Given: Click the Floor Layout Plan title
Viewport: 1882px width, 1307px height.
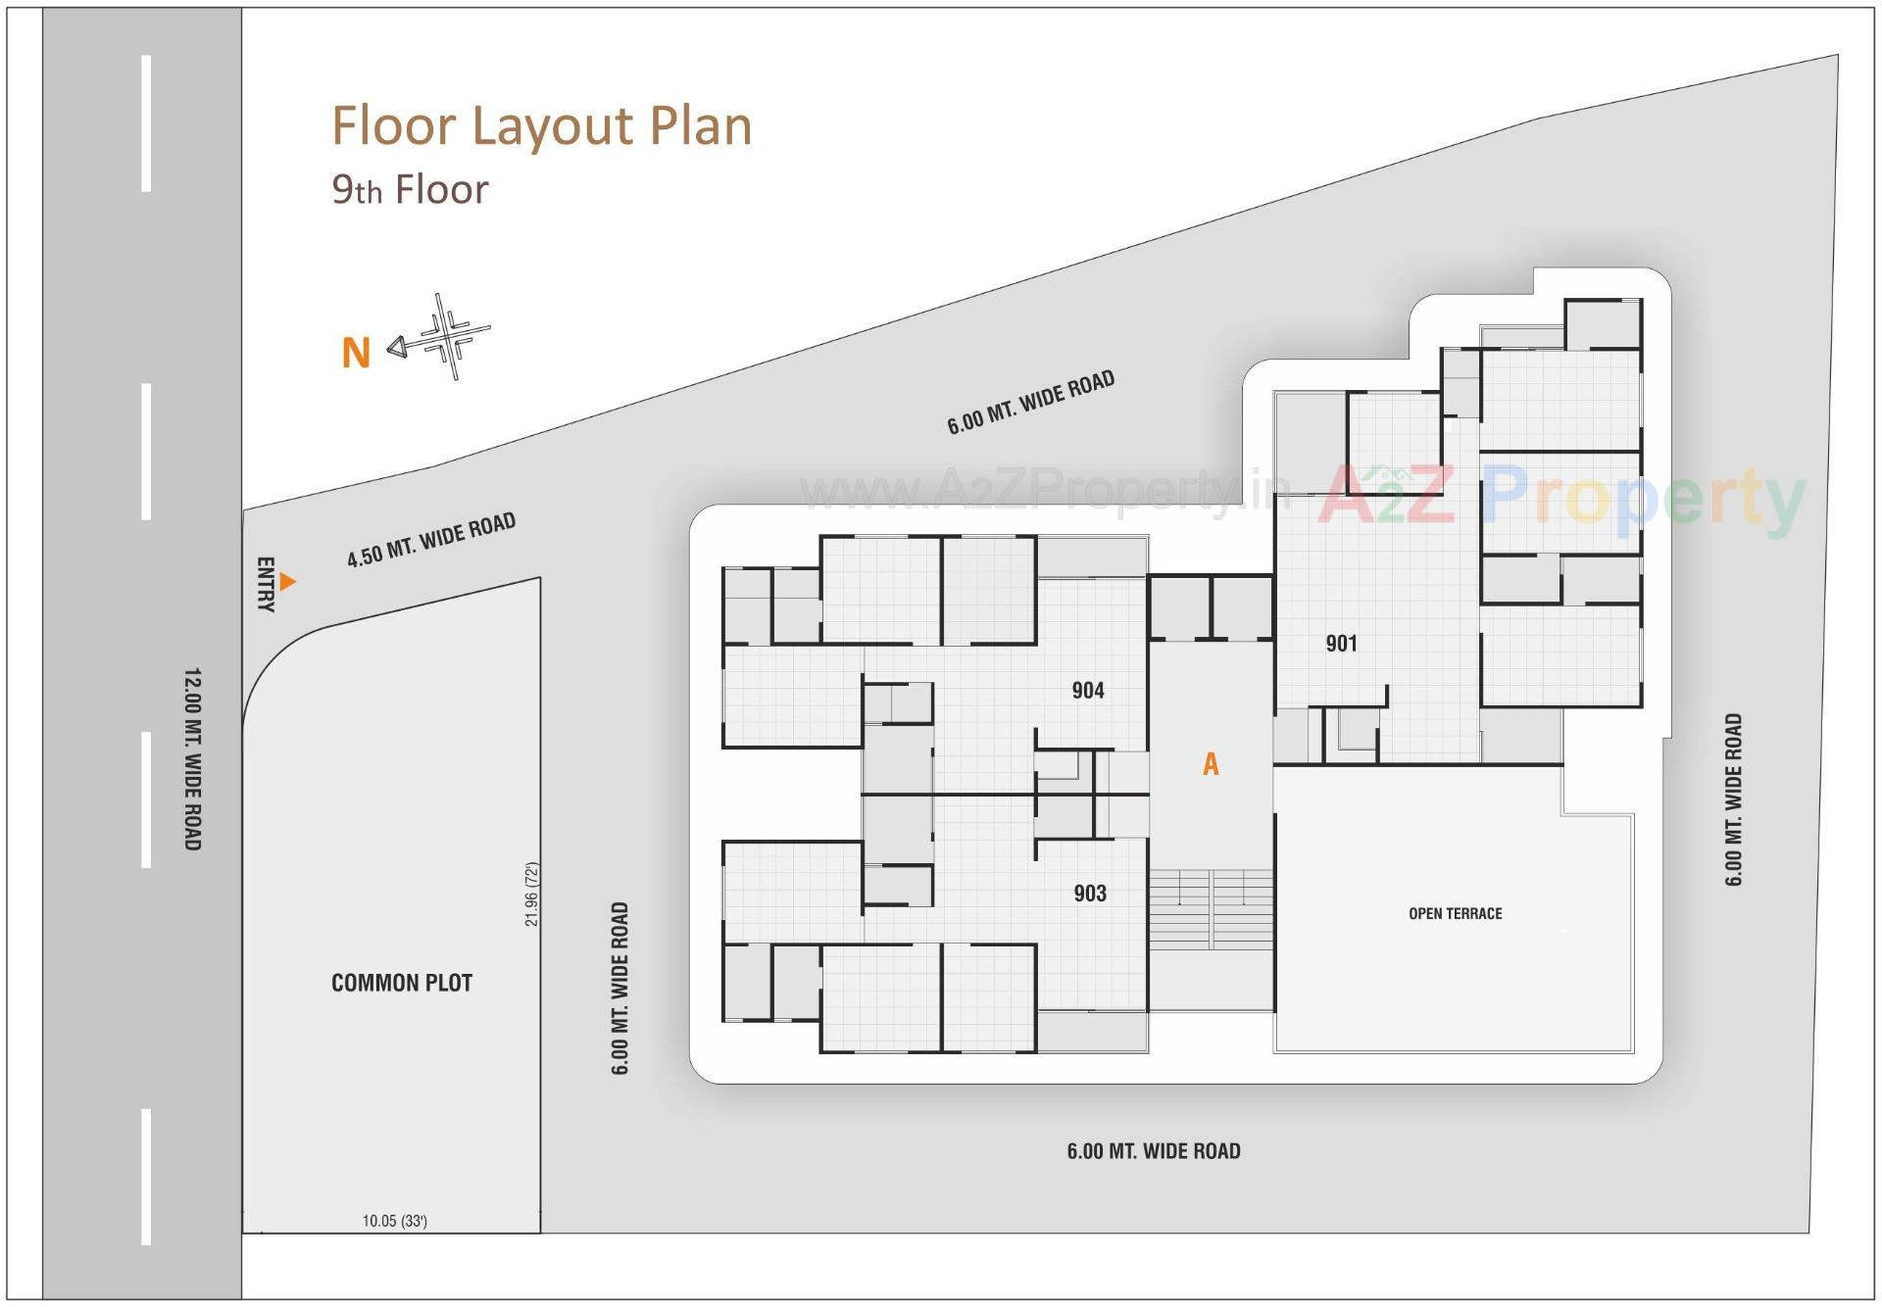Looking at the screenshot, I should click(x=541, y=126).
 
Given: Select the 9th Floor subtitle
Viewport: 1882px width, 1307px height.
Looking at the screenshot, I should click(x=410, y=189).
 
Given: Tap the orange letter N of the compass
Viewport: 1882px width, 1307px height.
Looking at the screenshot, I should click(x=356, y=353).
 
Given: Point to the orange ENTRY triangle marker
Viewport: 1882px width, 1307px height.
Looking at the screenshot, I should click(x=286, y=582).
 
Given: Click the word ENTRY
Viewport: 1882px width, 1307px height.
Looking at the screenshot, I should click(x=265, y=585).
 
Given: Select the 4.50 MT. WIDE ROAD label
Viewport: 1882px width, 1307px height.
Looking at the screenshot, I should click(x=431, y=540).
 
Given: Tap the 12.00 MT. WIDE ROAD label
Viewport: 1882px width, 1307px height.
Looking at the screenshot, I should click(x=193, y=759).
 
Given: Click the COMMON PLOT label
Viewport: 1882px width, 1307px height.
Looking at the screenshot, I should click(x=402, y=983).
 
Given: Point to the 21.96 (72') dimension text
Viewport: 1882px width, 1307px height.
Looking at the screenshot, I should click(x=531, y=895).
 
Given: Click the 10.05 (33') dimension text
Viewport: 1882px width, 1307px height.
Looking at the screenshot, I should click(x=395, y=1221).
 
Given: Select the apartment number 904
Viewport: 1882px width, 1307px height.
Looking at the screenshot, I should click(x=1088, y=691).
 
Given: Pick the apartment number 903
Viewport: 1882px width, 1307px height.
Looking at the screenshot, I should click(x=1090, y=893).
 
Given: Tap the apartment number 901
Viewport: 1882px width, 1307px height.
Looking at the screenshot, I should click(x=1342, y=644).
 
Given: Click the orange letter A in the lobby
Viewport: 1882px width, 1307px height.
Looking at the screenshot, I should click(x=1211, y=764).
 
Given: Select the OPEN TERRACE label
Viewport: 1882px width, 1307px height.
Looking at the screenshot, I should click(x=1455, y=914).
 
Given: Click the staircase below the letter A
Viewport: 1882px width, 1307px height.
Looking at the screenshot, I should click(x=1211, y=908).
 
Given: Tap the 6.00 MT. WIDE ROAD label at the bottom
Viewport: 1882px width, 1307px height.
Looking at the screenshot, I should click(x=1154, y=1151).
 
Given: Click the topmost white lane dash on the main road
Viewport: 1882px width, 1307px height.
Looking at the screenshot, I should click(x=146, y=123).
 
